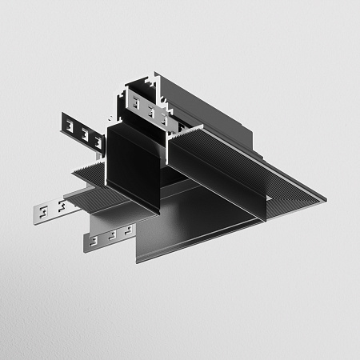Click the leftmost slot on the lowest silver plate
94,240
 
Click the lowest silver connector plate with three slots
108,238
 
